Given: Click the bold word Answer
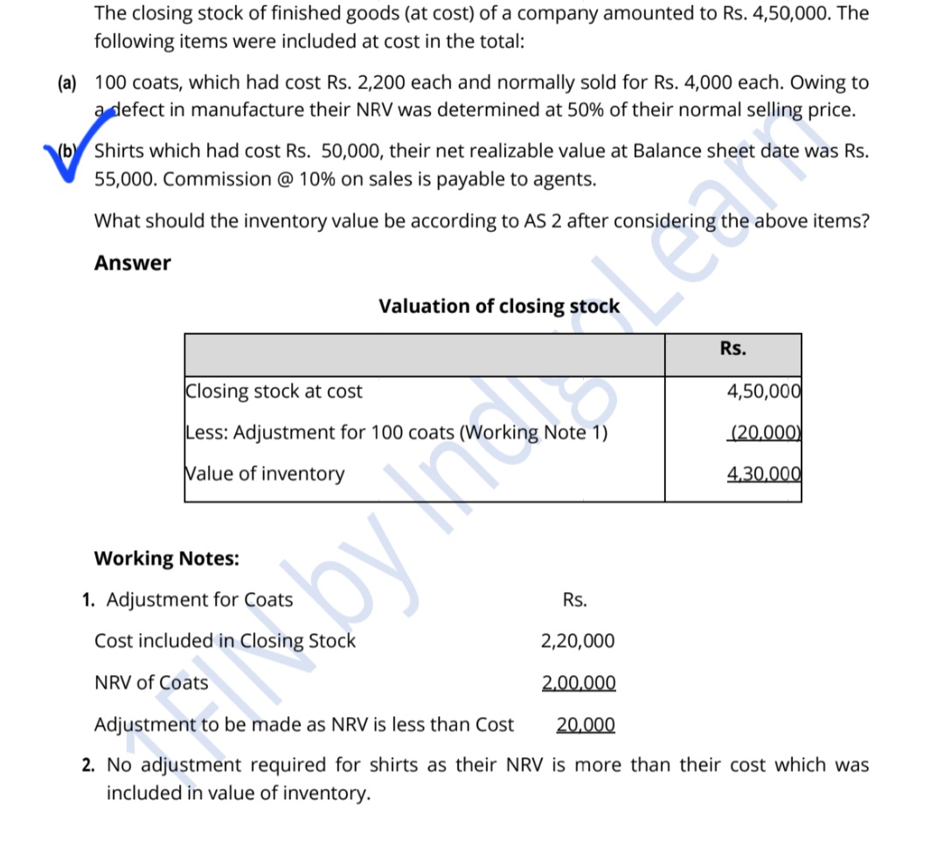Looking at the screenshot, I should [x=133, y=263].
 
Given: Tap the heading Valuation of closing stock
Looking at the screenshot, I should [x=499, y=306].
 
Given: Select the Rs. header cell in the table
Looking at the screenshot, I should [x=733, y=349].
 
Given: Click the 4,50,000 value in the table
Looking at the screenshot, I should [x=764, y=392].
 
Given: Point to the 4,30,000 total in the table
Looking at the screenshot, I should [x=764, y=474].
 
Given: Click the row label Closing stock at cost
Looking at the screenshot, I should [x=274, y=392].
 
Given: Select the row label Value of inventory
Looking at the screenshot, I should [x=265, y=474].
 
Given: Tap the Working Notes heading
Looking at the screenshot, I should [x=167, y=558].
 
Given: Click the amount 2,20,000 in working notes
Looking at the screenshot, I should [x=578, y=641].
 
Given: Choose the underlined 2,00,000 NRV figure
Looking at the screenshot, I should [x=579, y=683].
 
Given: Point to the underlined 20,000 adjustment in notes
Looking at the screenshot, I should [x=586, y=725].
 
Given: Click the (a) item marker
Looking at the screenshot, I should [x=66, y=84].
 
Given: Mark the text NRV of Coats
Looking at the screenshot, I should [x=151, y=683].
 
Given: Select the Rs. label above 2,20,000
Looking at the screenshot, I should [x=575, y=600].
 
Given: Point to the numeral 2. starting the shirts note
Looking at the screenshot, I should [x=89, y=765].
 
